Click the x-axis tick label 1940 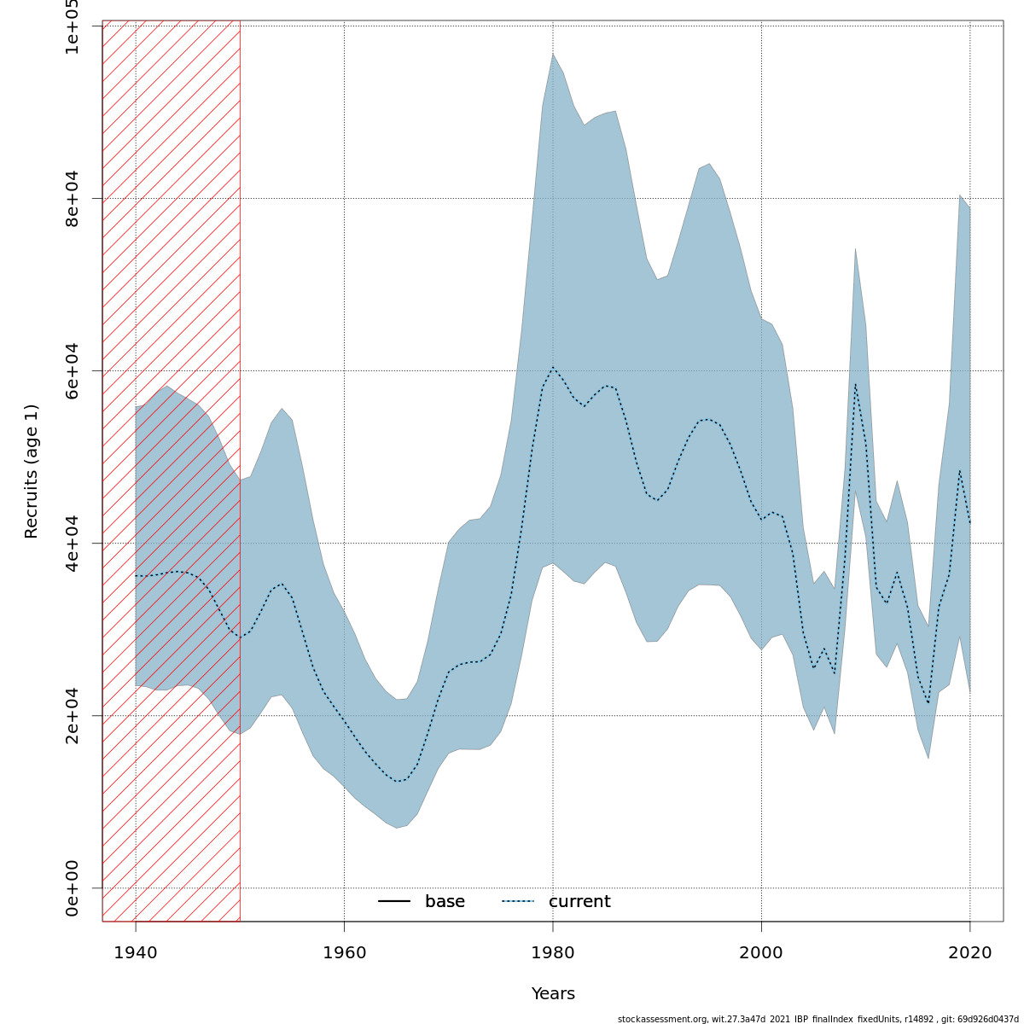[136, 951]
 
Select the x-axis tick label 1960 [344, 951]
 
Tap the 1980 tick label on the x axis [553, 951]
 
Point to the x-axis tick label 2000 [761, 951]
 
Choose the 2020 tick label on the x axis [970, 951]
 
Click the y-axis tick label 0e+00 [73, 887]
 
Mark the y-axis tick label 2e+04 [73, 715]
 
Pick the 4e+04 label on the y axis [73, 543]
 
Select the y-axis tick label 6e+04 [73, 370]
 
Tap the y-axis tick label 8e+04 [73, 198]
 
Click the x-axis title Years [553, 994]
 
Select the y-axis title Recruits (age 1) [32, 471]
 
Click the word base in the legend [445, 902]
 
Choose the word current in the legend [579, 902]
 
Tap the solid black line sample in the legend [394, 902]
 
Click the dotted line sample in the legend [517, 902]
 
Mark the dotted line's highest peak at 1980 [553, 367]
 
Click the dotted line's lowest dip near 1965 [397, 782]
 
